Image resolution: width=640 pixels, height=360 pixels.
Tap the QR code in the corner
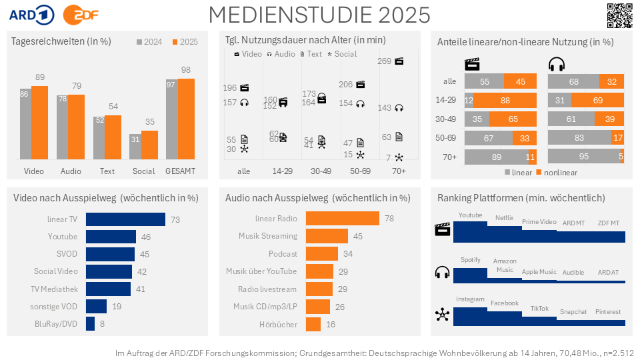(x=619, y=15)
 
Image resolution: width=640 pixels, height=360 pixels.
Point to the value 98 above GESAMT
(x=185, y=70)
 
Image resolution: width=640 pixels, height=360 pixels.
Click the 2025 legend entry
(x=185, y=42)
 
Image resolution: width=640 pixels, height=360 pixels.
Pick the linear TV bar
(x=126, y=219)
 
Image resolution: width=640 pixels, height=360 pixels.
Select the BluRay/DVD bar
(x=91, y=323)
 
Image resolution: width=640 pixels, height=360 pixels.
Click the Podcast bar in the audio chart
(x=322, y=254)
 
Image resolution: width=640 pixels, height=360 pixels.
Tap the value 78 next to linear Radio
(x=389, y=219)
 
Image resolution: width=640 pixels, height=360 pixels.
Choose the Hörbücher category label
(x=279, y=324)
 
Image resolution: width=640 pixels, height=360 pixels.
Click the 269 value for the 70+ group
(x=384, y=61)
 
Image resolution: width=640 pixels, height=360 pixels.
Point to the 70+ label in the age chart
(x=399, y=171)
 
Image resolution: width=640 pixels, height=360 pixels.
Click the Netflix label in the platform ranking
(x=504, y=217)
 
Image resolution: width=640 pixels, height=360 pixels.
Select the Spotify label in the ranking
(x=470, y=259)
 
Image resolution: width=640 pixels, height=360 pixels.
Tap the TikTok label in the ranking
(x=539, y=309)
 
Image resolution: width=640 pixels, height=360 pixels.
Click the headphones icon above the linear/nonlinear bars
(x=556, y=65)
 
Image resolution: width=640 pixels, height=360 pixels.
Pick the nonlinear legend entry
(x=557, y=172)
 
